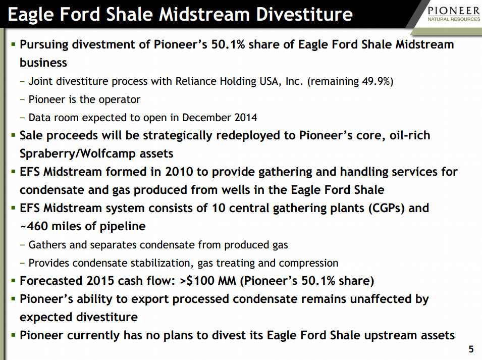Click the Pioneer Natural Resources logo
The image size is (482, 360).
[x=454, y=14]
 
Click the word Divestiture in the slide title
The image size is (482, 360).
[x=304, y=14]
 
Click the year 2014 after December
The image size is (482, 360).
[x=246, y=118]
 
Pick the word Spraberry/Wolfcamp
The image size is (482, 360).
[x=78, y=153]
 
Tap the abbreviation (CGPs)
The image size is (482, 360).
[x=387, y=208]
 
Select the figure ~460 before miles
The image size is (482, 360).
[x=33, y=226]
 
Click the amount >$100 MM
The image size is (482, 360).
[x=207, y=281]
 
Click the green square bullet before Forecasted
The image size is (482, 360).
[x=13, y=281]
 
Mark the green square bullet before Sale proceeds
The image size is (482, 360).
[x=13, y=135]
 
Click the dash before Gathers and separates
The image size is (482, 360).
[x=22, y=245]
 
